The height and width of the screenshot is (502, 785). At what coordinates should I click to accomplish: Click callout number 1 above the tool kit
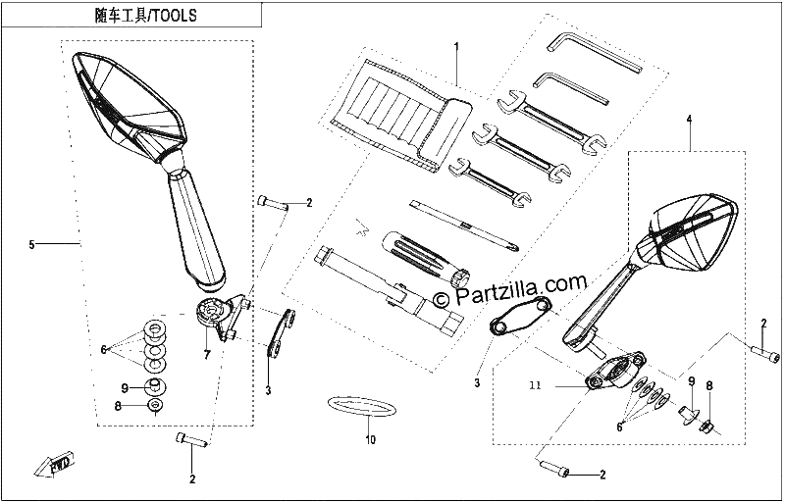click(x=456, y=46)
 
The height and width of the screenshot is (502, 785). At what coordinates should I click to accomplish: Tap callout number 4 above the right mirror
click(x=689, y=119)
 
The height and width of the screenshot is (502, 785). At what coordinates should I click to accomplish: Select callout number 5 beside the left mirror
click(x=32, y=244)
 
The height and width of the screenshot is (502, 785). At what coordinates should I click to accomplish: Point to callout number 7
click(x=207, y=355)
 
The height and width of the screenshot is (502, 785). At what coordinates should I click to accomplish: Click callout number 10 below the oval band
click(x=370, y=440)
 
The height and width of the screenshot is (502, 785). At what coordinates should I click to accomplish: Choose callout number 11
click(x=535, y=385)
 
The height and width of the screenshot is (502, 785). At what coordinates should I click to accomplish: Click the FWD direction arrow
click(x=54, y=465)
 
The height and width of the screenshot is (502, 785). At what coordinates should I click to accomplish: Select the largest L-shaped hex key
click(x=596, y=53)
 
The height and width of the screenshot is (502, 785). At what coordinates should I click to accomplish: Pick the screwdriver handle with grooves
click(x=426, y=259)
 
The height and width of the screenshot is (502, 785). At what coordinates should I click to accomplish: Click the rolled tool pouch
click(x=401, y=115)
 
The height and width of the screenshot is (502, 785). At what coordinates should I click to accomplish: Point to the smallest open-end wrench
click(x=489, y=182)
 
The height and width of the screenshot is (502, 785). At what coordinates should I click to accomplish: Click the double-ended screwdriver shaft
click(x=464, y=225)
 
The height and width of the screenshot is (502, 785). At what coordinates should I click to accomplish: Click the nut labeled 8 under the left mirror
click(x=155, y=405)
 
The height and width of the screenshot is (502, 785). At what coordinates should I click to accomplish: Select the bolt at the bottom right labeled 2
click(x=553, y=469)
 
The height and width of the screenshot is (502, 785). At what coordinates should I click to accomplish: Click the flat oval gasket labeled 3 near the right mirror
click(x=520, y=316)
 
